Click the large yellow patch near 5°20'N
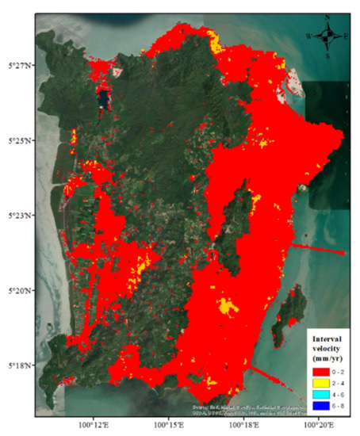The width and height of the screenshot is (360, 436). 229,304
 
